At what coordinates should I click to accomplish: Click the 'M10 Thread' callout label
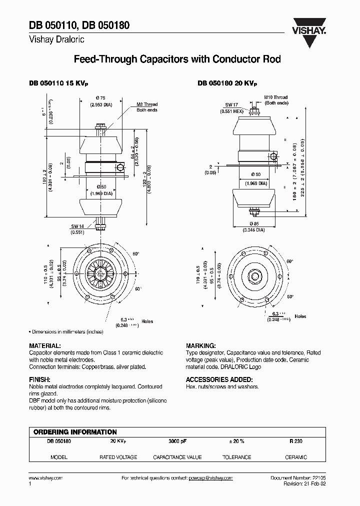[276, 97]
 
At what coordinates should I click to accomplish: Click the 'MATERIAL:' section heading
[45, 345]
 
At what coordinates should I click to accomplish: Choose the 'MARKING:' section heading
[200, 345]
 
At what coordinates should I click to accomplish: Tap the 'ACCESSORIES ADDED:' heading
[215, 379]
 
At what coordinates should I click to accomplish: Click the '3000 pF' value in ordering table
[177, 441]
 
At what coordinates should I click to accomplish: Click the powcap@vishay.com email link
[210, 478]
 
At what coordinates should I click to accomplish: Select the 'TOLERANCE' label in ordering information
[236, 457]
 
